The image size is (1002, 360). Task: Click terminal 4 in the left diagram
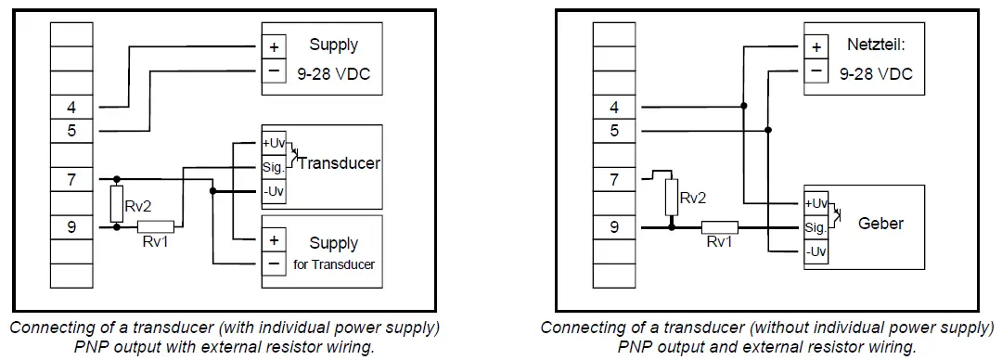(x=71, y=107)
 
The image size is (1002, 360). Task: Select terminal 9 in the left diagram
(x=71, y=225)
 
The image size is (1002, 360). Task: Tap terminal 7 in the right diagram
(x=614, y=179)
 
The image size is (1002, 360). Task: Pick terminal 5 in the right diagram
(x=614, y=131)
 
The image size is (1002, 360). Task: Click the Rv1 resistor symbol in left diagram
(x=156, y=225)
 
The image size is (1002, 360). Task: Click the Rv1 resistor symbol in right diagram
(x=719, y=226)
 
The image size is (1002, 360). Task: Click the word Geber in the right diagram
(x=880, y=224)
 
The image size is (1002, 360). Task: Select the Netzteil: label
(x=875, y=45)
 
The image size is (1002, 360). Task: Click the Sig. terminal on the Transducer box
(x=273, y=168)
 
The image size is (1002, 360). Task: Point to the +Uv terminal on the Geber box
(x=816, y=202)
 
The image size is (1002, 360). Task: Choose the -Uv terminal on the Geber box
(x=816, y=251)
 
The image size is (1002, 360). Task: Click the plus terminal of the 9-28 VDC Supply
(x=275, y=46)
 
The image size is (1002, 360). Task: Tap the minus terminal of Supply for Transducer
(x=275, y=264)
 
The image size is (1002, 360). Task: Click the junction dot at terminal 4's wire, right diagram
(x=743, y=106)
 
